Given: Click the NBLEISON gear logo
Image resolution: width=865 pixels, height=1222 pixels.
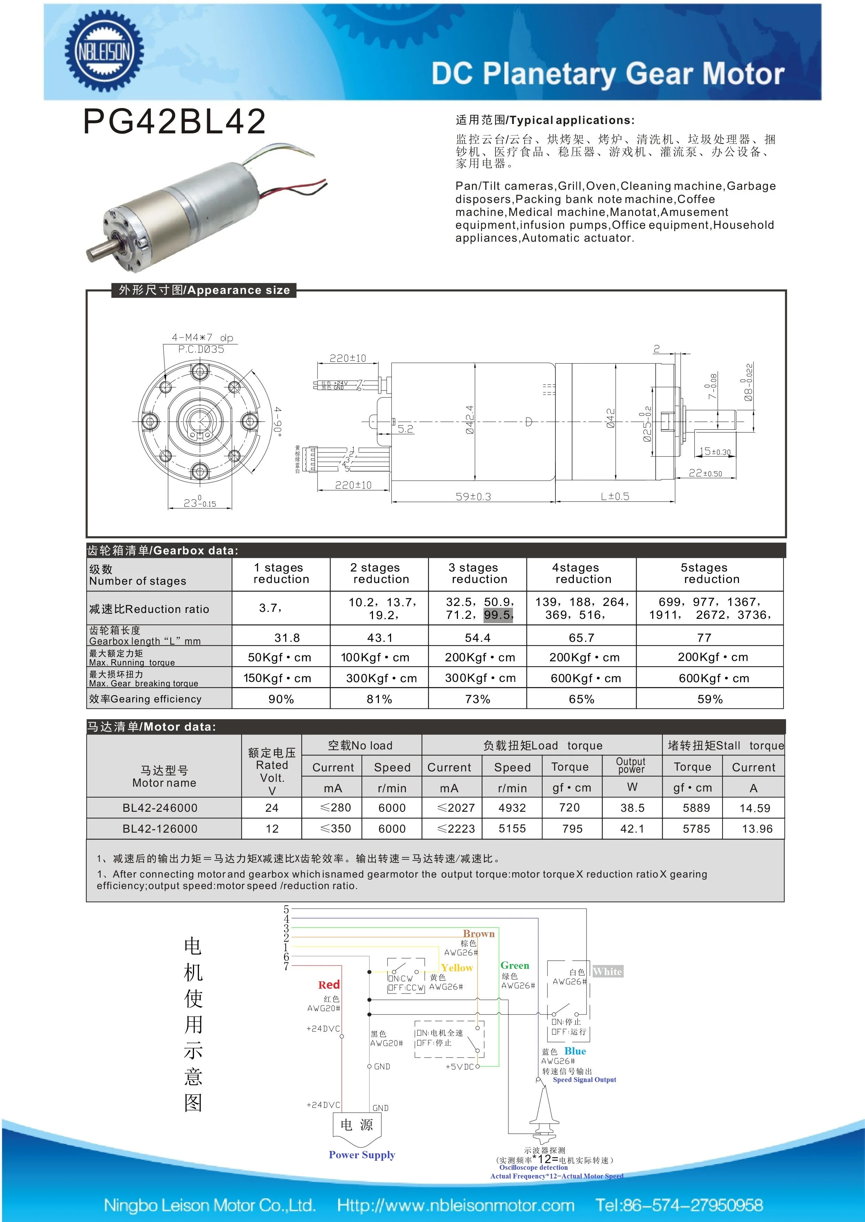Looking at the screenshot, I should pyautogui.click(x=104, y=52).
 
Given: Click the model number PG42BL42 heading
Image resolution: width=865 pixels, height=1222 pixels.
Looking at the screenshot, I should pyautogui.click(x=174, y=122).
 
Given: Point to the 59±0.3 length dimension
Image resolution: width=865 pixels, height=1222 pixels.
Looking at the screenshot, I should pyautogui.click(x=473, y=497).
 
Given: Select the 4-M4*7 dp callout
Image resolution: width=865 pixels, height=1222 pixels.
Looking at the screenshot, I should pyautogui.click(x=202, y=338).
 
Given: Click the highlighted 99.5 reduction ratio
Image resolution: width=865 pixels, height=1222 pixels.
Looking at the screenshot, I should pyautogui.click(x=498, y=615).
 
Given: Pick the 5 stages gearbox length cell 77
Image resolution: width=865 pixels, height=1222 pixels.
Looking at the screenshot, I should pyautogui.click(x=704, y=638).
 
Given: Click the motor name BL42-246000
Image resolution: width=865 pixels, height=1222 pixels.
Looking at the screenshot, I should pyautogui.click(x=160, y=808).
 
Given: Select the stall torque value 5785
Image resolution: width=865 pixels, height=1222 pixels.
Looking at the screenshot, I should pyautogui.click(x=696, y=828).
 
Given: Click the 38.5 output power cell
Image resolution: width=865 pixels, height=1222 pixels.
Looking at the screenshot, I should pyautogui.click(x=632, y=808).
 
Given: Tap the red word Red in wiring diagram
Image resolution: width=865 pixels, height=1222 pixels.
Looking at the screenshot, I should pyautogui.click(x=329, y=985).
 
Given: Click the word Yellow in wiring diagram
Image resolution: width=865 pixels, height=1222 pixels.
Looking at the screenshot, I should pyautogui.click(x=457, y=967).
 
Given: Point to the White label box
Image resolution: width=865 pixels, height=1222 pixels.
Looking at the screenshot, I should pyautogui.click(x=607, y=972).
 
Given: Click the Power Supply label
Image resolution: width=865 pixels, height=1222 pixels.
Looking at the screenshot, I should pyautogui.click(x=362, y=1154).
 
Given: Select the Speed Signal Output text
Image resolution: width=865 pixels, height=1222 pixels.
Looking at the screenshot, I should pyautogui.click(x=584, y=1080).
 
